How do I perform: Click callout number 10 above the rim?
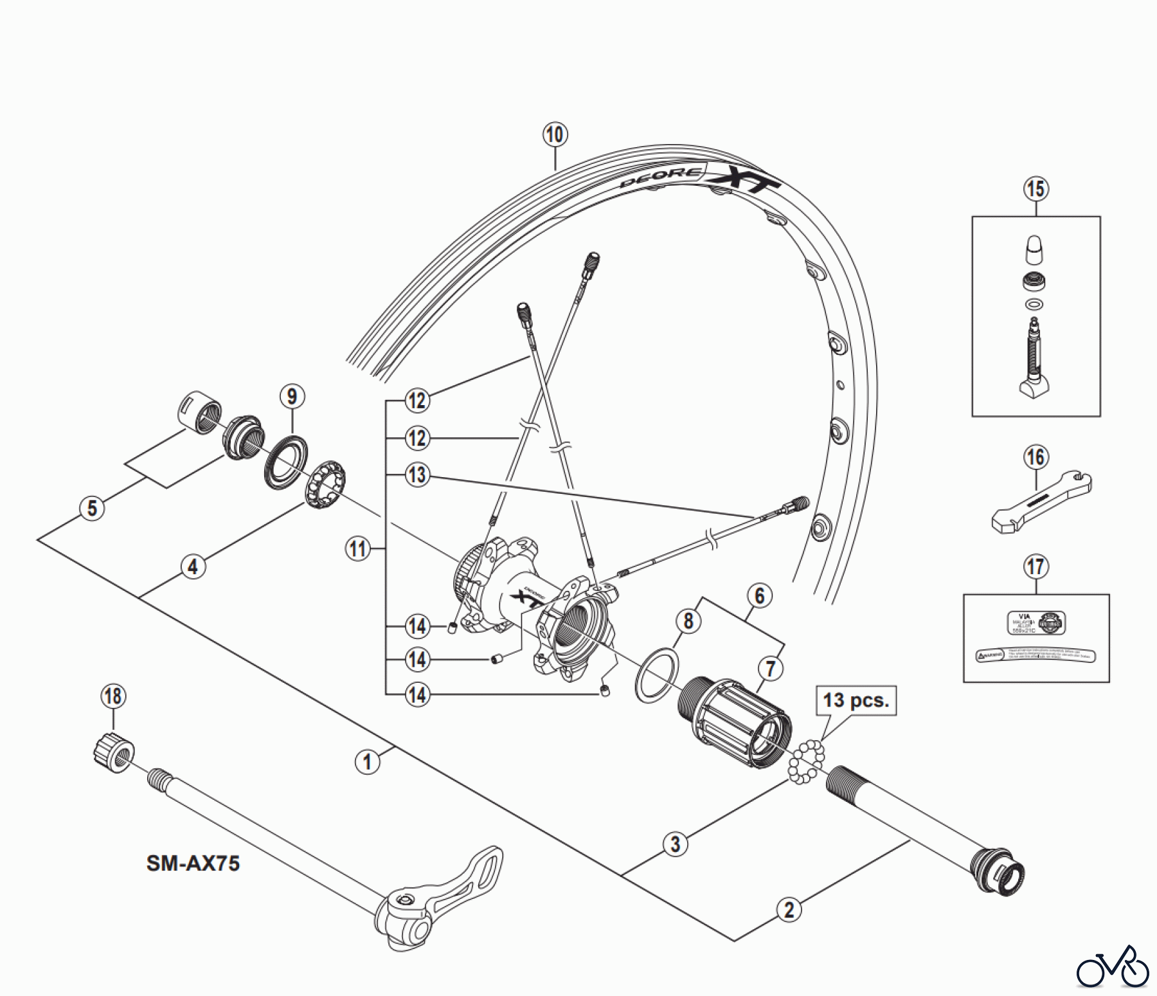(x=555, y=135)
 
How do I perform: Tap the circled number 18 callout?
(x=113, y=696)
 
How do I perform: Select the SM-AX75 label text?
(x=193, y=862)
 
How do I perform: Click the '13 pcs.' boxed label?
(x=856, y=700)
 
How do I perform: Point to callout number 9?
(x=292, y=397)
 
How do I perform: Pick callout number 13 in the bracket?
(x=417, y=475)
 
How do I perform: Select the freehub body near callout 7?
(x=733, y=723)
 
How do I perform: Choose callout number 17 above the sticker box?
(x=1036, y=566)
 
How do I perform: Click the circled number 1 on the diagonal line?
(x=368, y=762)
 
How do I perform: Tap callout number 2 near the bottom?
(x=789, y=909)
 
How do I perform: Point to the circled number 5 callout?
(x=93, y=508)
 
